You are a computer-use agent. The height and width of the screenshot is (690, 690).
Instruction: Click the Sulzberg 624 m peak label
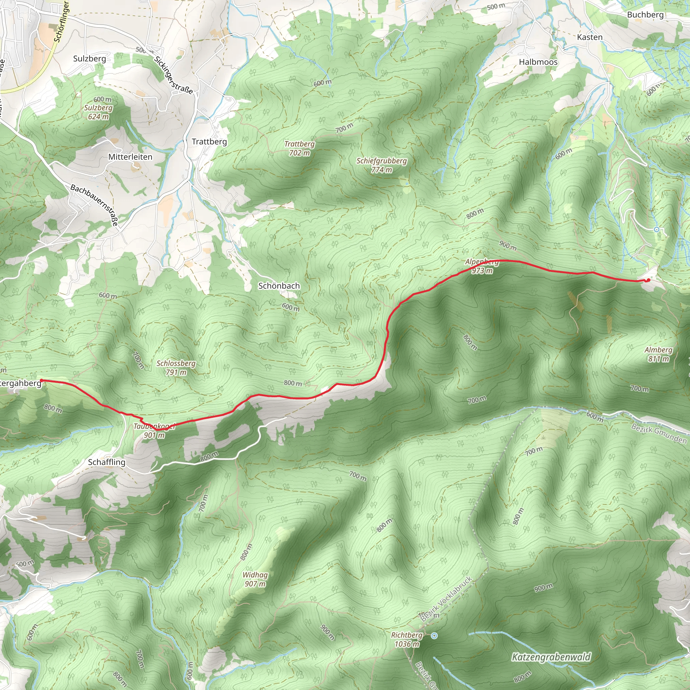[x=98, y=112]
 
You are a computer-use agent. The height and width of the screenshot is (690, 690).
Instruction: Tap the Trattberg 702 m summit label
[x=299, y=148]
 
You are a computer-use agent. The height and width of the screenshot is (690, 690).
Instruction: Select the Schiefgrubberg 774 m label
[x=381, y=165]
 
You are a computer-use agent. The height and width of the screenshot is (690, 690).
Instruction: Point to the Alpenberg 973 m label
[x=482, y=266]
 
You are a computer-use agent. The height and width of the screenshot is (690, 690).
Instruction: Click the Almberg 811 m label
[x=658, y=354]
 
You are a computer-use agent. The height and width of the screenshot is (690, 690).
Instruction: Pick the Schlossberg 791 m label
[x=176, y=368]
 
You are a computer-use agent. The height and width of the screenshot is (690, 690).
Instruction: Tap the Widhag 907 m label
[x=255, y=579]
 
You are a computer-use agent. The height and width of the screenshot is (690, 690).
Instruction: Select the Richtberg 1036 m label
[x=407, y=639]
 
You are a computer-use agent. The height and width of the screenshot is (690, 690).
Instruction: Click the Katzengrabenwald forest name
[x=551, y=657]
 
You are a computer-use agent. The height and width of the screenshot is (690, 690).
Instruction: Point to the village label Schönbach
[x=279, y=286]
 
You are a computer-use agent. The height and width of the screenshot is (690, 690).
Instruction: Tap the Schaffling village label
[x=107, y=462]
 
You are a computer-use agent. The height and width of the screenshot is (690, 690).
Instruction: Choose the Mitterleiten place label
[x=130, y=157]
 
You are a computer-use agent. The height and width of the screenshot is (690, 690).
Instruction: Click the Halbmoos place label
[x=538, y=62]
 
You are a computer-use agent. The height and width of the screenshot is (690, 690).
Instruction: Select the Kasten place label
[x=590, y=37]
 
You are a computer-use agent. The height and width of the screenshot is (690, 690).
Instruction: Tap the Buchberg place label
[x=645, y=14]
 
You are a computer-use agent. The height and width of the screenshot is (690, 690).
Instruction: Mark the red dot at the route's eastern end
[x=648, y=280]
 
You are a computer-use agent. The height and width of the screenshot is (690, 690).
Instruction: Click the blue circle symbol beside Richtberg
[x=434, y=636]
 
